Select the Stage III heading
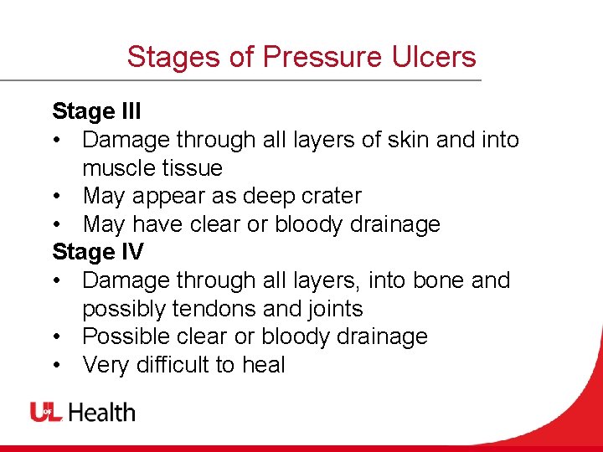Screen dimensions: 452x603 [x=95, y=111]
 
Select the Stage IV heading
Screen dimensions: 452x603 [x=97, y=252]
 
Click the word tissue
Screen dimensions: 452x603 [x=191, y=168]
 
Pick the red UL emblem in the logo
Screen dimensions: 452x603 [x=47, y=412]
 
